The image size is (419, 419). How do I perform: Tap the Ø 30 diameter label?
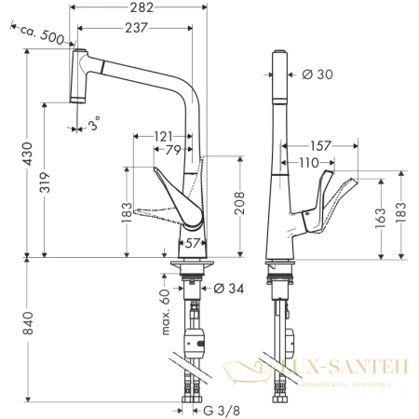point(318,75)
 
